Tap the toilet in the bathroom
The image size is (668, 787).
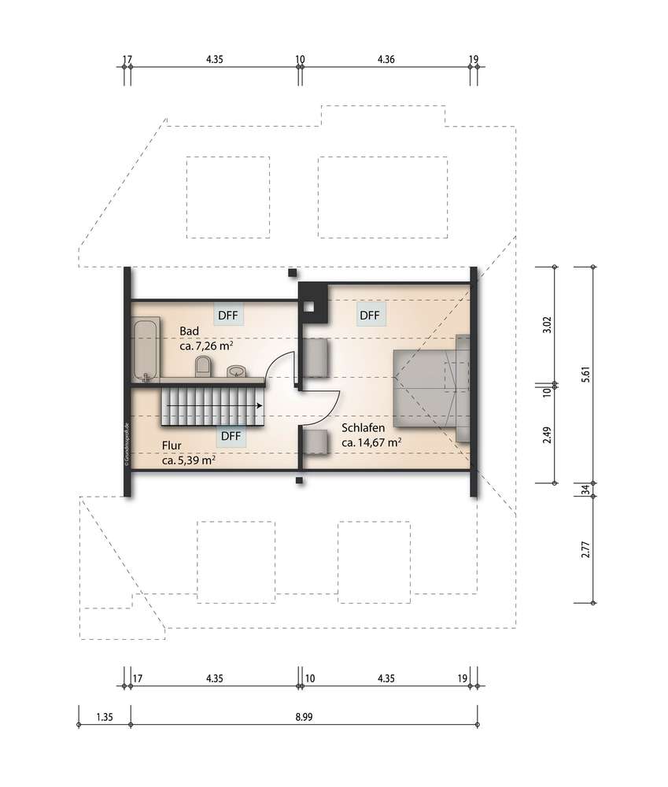pyautogui.click(x=203, y=367)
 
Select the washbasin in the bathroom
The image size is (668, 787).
pyautogui.click(x=236, y=371)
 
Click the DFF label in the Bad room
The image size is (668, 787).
pyautogui.click(x=228, y=316)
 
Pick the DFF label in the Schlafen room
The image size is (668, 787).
pyautogui.click(x=369, y=316)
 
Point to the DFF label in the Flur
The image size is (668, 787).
pyautogui.click(x=231, y=436)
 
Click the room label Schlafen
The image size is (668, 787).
pyautogui.click(x=364, y=427)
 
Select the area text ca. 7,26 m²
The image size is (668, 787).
pyautogui.click(x=206, y=345)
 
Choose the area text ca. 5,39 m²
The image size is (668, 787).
pyautogui.click(x=189, y=460)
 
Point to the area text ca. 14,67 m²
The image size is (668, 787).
pyautogui.click(x=371, y=442)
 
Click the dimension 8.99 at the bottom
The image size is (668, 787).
pyautogui.click(x=304, y=717)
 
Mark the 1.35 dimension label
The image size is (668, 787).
pyautogui.click(x=105, y=717)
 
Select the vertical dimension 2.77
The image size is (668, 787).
pyautogui.click(x=585, y=549)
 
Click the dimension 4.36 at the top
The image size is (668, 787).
pyautogui.click(x=386, y=59)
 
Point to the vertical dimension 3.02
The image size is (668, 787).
pyautogui.click(x=547, y=324)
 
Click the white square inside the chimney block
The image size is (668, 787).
pyautogui.click(x=310, y=307)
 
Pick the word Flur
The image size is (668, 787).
pyautogui.click(x=172, y=445)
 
